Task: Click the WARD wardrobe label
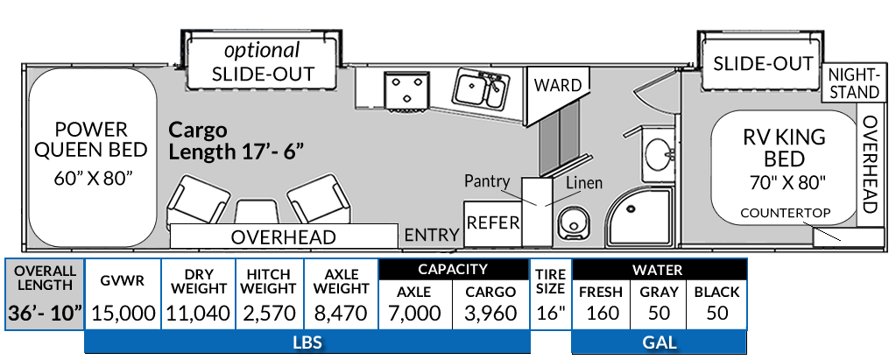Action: point(558,85)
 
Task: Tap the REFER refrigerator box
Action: point(492,222)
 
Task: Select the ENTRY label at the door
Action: point(432,234)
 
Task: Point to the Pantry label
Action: point(488,181)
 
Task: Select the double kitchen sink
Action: point(478,90)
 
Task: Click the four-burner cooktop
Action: point(405,89)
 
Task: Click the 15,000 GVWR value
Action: point(123,313)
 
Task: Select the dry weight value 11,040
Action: point(199,313)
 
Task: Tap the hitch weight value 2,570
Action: point(270,313)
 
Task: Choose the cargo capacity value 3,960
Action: point(490,313)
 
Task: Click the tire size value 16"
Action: point(551,313)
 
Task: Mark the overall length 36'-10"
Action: point(46,313)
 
